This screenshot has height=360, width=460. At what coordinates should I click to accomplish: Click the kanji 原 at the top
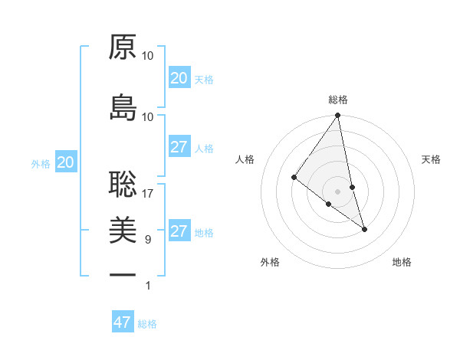click(x=123, y=47)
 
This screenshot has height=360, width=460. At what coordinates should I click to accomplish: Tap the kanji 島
click(x=123, y=106)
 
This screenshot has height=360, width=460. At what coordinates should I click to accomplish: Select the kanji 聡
click(x=123, y=183)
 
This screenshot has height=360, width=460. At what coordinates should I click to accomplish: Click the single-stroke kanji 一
click(x=123, y=274)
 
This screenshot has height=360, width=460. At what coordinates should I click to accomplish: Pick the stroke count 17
click(x=148, y=194)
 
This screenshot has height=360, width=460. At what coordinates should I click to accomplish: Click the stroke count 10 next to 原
click(x=148, y=56)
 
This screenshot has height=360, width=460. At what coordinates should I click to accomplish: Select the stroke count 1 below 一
click(x=148, y=286)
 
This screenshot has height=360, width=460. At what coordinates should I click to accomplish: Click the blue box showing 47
click(x=123, y=322)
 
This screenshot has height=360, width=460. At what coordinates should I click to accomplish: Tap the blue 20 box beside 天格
click(x=179, y=78)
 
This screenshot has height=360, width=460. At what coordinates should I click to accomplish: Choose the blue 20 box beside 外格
click(x=65, y=162)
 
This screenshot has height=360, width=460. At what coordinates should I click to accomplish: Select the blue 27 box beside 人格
click(x=179, y=147)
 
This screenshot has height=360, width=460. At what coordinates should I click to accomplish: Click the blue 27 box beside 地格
click(x=179, y=231)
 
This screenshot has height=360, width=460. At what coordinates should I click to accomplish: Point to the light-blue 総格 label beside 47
click(x=147, y=324)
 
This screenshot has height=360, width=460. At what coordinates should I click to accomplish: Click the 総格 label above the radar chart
click(x=338, y=100)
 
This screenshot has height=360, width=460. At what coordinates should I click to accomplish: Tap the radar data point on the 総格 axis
click(x=338, y=116)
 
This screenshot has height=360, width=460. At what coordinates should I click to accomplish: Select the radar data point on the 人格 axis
click(x=294, y=178)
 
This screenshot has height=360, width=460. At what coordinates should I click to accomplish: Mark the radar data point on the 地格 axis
click(x=364, y=229)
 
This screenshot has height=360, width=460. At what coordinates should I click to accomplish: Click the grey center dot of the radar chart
click(x=338, y=191)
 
